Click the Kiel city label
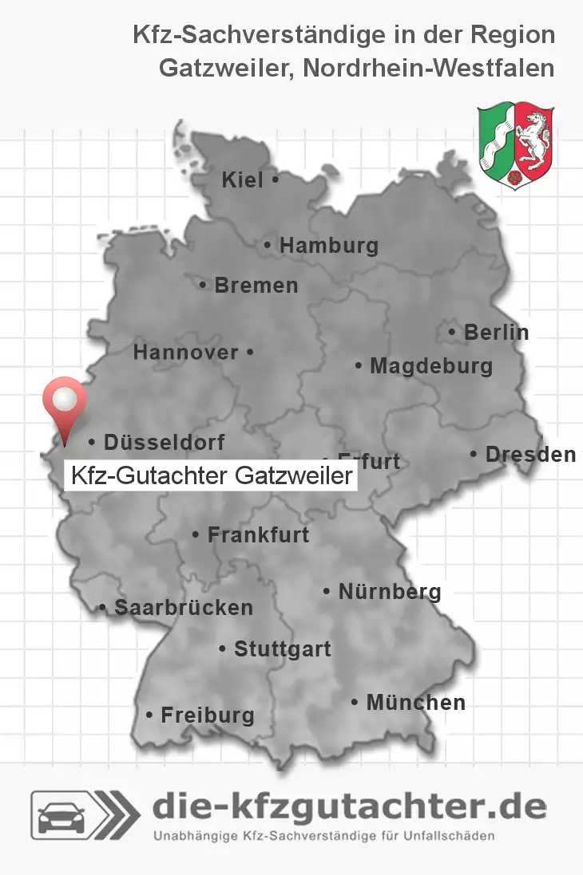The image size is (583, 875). (242, 181)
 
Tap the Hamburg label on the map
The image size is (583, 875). (328, 246)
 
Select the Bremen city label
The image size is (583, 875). (256, 286)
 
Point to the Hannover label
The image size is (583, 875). (185, 353)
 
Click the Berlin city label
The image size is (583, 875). (496, 333)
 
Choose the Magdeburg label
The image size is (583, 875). (430, 367)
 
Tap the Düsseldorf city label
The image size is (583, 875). (164, 442)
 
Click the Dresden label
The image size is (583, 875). (530, 455)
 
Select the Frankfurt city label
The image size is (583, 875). (257, 535)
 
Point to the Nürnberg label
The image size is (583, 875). (389, 593)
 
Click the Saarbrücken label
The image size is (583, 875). (183, 608)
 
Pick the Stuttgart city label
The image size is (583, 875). (282, 650)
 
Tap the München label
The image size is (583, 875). (415, 703)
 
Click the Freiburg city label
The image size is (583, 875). (207, 715)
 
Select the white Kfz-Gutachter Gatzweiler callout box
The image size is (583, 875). (211, 477)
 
